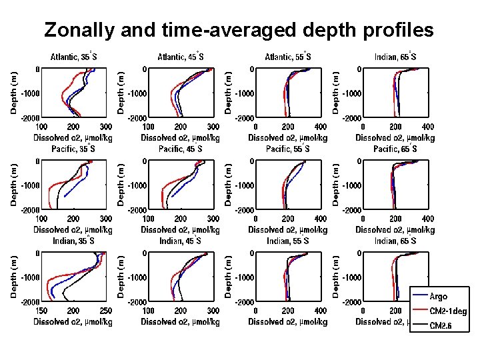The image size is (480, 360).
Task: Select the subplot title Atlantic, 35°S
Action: [x=73, y=57]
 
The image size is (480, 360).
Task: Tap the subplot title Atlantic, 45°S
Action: [x=180, y=57]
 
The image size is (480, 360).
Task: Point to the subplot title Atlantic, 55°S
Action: [x=288, y=57]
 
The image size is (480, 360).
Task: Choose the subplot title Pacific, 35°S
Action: [x=73, y=149]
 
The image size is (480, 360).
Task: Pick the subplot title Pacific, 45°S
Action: [x=180, y=149]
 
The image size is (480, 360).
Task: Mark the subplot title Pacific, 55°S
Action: [x=288, y=149]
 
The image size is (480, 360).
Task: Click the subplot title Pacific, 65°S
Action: [x=395, y=149]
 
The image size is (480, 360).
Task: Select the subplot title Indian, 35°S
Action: [x=73, y=241]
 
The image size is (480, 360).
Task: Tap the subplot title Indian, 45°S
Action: [x=180, y=241]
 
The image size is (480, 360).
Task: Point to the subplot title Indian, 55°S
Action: [x=288, y=241]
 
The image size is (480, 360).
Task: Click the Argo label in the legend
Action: [x=439, y=296]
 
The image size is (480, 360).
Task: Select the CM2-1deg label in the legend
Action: [x=448, y=311]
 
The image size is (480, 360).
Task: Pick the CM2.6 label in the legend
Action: [x=441, y=325]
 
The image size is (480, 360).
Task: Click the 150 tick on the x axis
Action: [x=41, y=311]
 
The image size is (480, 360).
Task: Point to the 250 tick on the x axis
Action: [x=105, y=311]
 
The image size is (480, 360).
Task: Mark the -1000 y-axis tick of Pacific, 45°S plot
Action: [x=136, y=185]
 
